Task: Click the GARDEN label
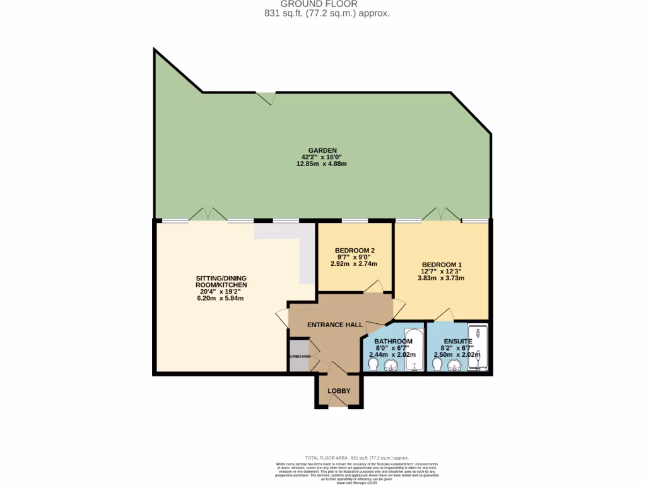pos(322,150)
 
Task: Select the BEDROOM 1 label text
pos(442,265)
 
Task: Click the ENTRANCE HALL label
pos(334,325)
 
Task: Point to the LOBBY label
pos(339,391)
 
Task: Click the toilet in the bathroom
pos(372,364)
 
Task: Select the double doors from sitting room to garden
pos(208,215)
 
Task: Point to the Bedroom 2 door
pos(372,287)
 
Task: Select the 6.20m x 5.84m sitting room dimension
pos(220,298)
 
